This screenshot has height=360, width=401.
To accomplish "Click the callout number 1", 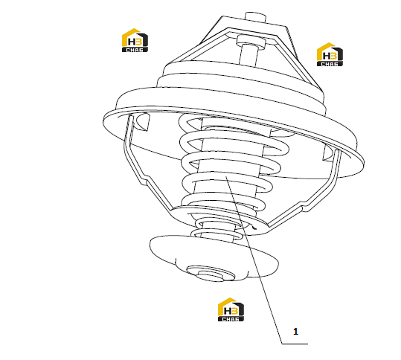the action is [x=295, y=332].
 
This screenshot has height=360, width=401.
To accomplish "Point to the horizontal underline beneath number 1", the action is [x=295, y=344].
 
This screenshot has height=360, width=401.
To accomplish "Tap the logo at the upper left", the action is [x=135, y=40].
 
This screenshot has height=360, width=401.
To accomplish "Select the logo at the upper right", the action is [x=330, y=54].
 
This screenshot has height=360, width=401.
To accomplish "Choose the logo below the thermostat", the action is [x=231, y=309].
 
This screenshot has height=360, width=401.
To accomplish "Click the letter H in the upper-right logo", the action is [x=327, y=56].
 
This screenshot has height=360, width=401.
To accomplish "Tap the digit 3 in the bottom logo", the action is [x=234, y=311].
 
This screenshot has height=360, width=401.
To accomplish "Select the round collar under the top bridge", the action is [x=251, y=42].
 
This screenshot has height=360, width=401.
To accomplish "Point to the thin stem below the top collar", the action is [x=248, y=56].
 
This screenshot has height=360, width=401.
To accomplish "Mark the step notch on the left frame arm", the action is [x=146, y=179].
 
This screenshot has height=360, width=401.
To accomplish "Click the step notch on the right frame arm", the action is [x=307, y=206].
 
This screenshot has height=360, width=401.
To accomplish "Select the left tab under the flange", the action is [x=143, y=122].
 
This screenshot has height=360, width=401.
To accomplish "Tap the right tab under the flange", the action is [x=329, y=154].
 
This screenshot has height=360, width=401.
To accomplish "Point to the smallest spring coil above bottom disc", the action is [x=217, y=234].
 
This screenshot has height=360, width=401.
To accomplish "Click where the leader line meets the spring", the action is [x=226, y=176].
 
